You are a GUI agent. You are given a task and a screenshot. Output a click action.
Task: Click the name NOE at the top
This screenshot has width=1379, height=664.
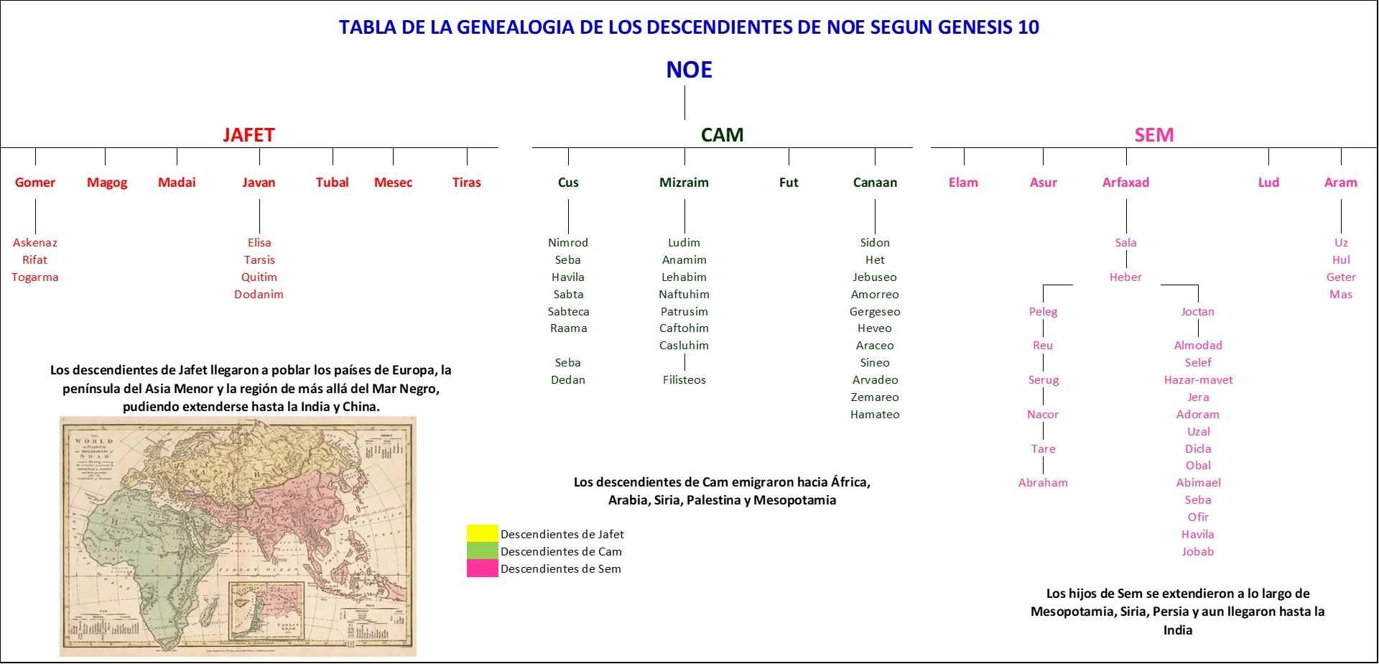tap(689, 70)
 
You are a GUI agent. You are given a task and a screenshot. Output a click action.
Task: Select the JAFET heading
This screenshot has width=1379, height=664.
tap(249, 135)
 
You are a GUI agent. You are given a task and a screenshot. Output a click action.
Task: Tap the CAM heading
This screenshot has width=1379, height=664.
tap(722, 135)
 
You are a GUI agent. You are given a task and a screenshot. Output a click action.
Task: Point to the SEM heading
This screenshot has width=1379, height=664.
tap(1153, 135)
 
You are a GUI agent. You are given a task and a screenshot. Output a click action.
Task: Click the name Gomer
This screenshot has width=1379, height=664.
tap(35, 183)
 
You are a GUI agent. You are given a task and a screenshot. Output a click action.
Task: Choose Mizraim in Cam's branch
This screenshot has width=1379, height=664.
tap(684, 183)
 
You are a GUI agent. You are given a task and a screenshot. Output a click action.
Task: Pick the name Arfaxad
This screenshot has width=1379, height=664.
tap(1125, 183)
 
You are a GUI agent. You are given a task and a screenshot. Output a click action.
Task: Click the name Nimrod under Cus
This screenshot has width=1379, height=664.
tap(568, 243)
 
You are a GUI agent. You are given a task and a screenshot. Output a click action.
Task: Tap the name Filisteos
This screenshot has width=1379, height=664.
tap(684, 380)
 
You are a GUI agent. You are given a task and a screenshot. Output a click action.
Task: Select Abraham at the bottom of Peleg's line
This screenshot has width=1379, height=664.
tap(1043, 483)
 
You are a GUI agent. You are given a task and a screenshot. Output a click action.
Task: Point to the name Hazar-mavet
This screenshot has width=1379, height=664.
tap(1198, 380)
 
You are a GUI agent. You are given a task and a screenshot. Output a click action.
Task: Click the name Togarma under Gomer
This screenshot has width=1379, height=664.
tap(35, 277)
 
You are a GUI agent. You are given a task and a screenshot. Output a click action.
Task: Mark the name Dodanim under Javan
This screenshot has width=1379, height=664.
tap(259, 295)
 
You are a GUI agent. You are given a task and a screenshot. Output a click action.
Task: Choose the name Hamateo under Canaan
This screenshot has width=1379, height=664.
tap(875, 415)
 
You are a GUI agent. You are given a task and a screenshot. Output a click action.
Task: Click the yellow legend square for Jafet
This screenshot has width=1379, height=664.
tap(482, 533)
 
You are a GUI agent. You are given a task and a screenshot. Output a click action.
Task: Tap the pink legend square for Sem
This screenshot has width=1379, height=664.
tap(482, 568)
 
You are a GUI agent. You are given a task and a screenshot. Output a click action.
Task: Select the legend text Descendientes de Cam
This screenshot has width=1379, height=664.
tap(561, 552)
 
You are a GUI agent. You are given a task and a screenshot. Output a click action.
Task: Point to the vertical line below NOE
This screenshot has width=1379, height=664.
tap(684, 103)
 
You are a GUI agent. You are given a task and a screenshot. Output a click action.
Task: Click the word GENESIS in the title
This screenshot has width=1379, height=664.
tap(975, 27)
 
